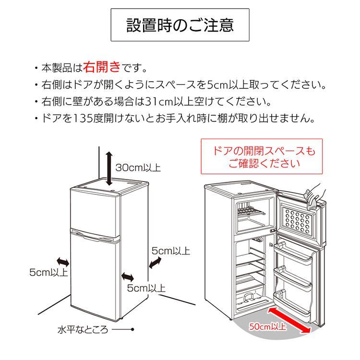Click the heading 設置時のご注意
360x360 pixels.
click(x=180, y=25)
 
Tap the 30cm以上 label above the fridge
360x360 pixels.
click(x=138, y=168)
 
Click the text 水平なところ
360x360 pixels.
click(x=83, y=330)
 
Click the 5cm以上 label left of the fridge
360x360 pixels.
click(x=48, y=273)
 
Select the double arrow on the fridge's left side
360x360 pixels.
click(x=63, y=261)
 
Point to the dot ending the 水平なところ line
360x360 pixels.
click(x=132, y=330)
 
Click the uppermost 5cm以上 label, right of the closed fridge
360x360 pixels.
click(x=171, y=251)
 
